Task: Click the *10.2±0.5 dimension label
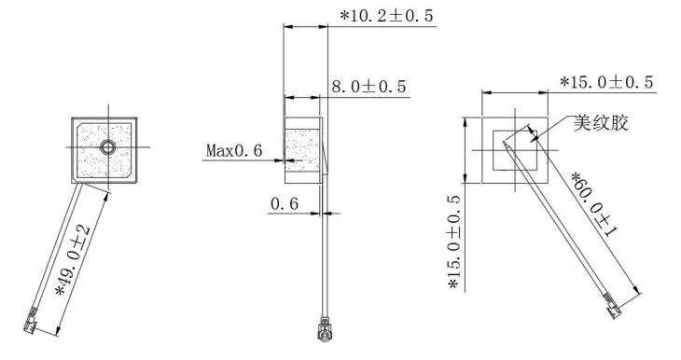(386, 16)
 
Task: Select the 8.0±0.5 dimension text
(369, 87)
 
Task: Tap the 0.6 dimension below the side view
(284, 203)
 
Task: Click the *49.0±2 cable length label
(73, 260)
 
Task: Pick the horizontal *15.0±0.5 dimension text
(607, 82)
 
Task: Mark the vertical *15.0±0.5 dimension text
(455, 242)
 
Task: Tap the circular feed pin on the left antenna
(108, 147)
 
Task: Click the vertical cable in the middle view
(324, 252)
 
